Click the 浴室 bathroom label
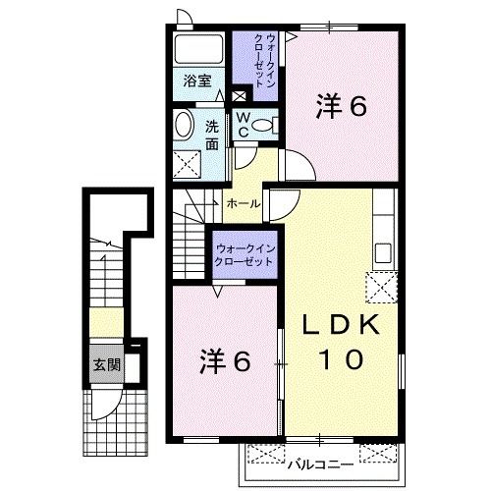(x=197, y=81)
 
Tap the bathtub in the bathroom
(x=198, y=49)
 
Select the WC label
(x=243, y=125)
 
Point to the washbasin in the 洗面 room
(x=184, y=125)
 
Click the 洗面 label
(x=212, y=136)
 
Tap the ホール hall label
(x=244, y=204)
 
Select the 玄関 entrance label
(x=107, y=364)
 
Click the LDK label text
(x=341, y=324)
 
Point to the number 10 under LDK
(x=341, y=359)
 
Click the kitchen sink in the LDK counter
(x=383, y=253)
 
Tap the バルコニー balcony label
(x=320, y=464)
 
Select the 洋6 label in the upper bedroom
(x=342, y=107)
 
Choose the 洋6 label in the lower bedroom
(x=226, y=361)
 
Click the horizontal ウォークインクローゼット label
(x=245, y=255)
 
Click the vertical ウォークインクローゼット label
(x=264, y=61)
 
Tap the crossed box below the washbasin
(x=187, y=164)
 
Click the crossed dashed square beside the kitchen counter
(x=382, y=288)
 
